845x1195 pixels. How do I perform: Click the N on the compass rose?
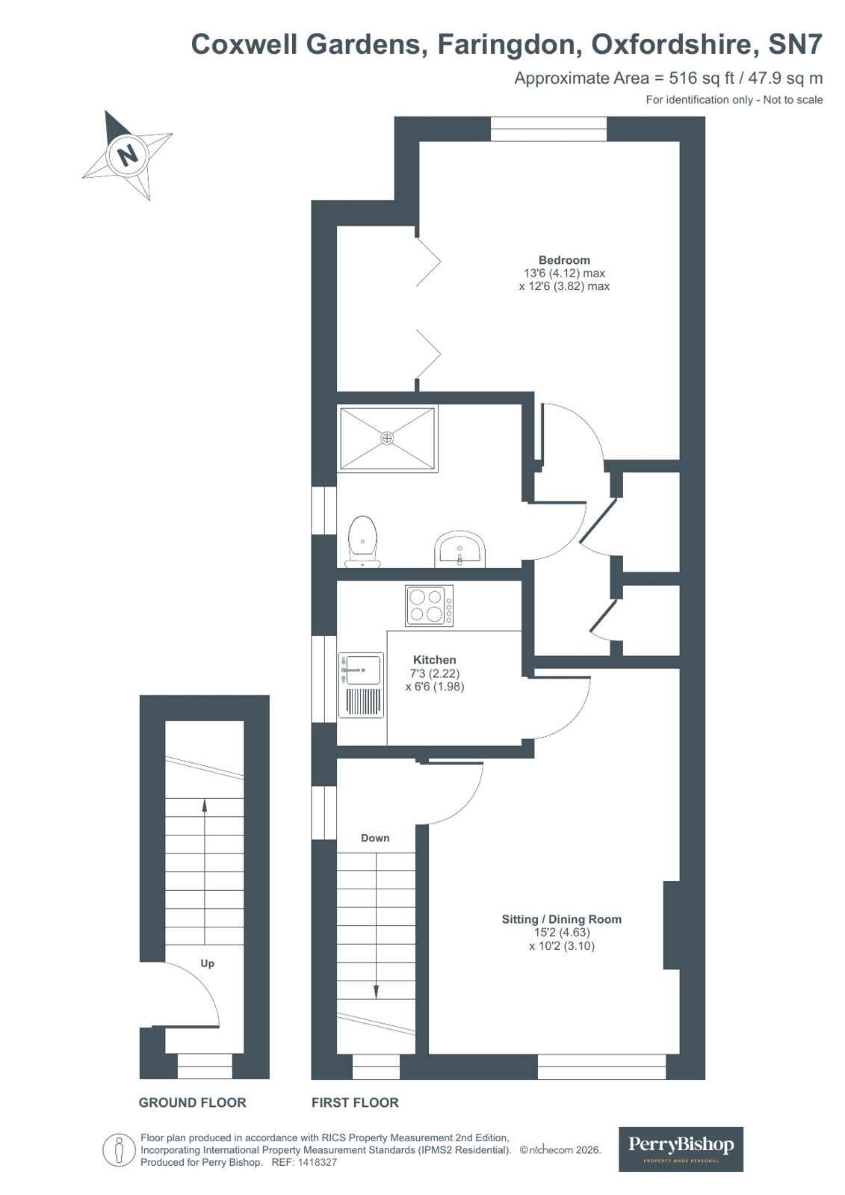[x=128, y=155]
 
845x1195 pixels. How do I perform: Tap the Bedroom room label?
[x=564, y=260]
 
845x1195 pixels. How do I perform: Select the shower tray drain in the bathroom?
[x=387, y=439]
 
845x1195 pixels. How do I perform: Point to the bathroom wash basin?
[x=460, y=549]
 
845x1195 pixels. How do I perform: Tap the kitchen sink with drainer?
[x=362, y=685]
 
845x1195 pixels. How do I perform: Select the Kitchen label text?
[x=435, y=660]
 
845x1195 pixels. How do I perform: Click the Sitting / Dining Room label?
[x=561, y=919]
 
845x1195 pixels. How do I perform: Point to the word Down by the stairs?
[x=375, y=838]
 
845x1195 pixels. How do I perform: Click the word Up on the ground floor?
[x=207, y=963]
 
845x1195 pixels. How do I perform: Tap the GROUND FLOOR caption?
[x=192, y=1102]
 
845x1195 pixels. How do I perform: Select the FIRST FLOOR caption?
[x=355, y=1102]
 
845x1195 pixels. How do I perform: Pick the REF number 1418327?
[x=318, y=1163]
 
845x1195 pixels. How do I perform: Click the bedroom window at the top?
[x=548, y=129]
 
